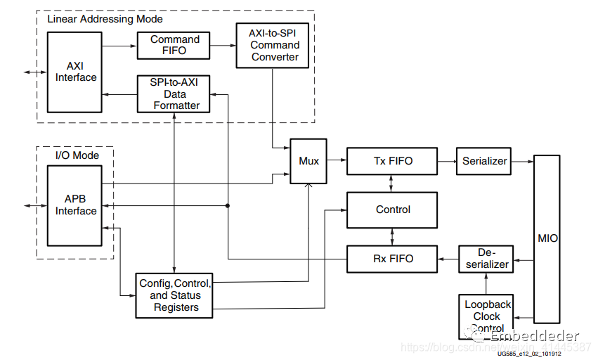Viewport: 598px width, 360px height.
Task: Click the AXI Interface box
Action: click(76, 71)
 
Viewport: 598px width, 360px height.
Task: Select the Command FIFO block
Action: click(174, 46)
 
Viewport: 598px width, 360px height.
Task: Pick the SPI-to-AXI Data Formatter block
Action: click(174, 94)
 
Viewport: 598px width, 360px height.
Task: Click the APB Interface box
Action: click(76, 205)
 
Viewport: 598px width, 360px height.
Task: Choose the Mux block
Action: click(308, 161)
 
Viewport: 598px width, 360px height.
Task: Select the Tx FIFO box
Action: click(392, 161)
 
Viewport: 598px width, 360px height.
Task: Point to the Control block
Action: click(392, 210)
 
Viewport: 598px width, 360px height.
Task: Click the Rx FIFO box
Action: click(392, 259)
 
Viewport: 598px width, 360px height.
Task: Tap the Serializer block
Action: click(484, 161)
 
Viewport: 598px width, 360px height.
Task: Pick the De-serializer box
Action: click(486, 259)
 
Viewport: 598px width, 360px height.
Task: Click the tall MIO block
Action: click(547, 238)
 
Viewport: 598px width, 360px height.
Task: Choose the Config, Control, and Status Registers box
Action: click(174, 295)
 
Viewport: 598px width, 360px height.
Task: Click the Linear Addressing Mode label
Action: click(105, 19)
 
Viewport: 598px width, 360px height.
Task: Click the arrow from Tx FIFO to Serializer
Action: click(446, 161)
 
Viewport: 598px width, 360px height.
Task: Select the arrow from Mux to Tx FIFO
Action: click(337, 161)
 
